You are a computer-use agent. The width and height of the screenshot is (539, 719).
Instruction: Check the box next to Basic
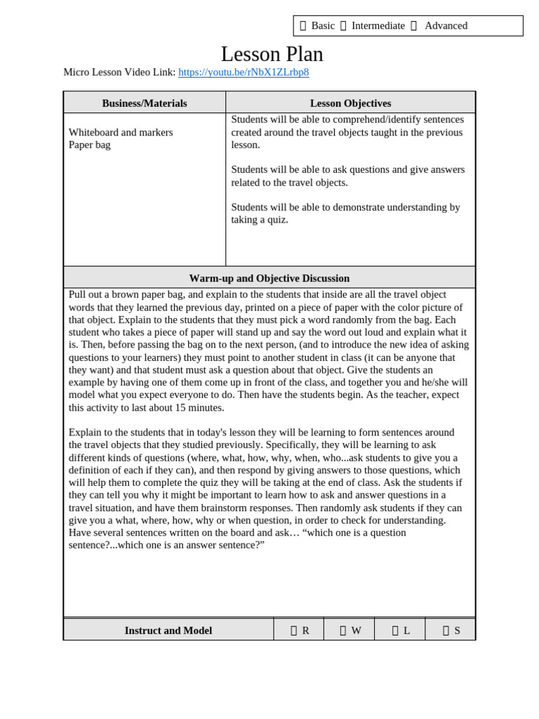tap(303, 26)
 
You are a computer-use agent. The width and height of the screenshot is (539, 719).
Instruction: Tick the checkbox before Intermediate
tap(343, 26)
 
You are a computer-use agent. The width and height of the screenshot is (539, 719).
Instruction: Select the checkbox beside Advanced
tap(413, 26)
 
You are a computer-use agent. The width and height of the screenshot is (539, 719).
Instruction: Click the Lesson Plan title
tap(272, 54)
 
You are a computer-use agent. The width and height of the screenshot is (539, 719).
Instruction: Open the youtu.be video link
tap(244, 72)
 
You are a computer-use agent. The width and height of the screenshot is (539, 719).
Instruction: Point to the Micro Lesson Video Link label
tap(119, 72)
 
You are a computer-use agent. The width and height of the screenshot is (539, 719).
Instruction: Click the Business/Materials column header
tap(145, 103)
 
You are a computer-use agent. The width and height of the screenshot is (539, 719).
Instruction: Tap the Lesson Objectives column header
tap(350, 103)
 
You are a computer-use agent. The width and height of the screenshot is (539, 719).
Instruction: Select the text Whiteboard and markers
tap(121, 132)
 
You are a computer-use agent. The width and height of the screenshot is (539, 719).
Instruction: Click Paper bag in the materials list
tap(90, 145)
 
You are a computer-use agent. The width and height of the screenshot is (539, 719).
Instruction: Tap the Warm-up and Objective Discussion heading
tap(269, 278)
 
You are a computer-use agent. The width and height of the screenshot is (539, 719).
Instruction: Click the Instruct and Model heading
tap(168, 631)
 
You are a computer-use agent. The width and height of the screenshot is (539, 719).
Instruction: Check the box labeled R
tap(294, 631)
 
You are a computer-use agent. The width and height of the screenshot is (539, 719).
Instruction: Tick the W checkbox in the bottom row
tap(343, 631)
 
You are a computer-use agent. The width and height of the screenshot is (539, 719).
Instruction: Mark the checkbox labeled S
tap(446, 631)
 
